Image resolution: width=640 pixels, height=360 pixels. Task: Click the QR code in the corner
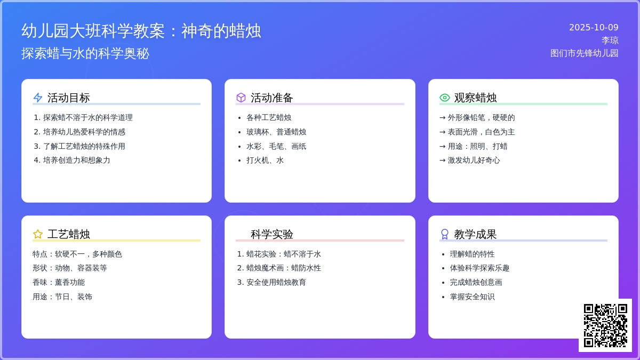coord(605,325)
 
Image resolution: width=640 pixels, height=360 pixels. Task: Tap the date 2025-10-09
coord(594,28)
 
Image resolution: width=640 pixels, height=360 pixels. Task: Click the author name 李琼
coord(610,41)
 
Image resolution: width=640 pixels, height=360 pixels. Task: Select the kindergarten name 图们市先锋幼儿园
coord(584,53)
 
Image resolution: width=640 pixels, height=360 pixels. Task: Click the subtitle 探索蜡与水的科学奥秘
coord(85,53)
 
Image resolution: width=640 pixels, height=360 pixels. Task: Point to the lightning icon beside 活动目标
coord(38,98)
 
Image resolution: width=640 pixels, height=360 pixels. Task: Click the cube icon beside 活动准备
coord(241,98)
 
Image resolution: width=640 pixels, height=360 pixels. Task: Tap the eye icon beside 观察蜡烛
coord(445,98)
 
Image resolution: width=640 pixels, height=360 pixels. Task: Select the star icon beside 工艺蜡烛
coord(38,234)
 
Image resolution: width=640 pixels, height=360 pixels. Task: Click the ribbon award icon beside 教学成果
coord(445,234)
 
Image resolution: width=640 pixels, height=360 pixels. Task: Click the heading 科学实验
coord(272,234)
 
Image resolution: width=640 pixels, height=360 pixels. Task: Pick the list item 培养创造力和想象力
coord(76,160)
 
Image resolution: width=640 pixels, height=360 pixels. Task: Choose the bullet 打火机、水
coord(265,160)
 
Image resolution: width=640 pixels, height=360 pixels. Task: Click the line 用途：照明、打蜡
coord(474,146)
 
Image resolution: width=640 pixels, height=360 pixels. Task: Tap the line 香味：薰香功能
coord(59,282)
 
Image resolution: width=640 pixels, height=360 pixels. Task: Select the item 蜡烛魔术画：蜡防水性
coord(283,268)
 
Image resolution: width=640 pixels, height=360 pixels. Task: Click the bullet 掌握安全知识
coord(472,297)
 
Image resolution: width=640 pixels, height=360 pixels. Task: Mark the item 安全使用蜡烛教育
coord(276,282)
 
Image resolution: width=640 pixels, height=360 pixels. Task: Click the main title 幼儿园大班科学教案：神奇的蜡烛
coord(141,31)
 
